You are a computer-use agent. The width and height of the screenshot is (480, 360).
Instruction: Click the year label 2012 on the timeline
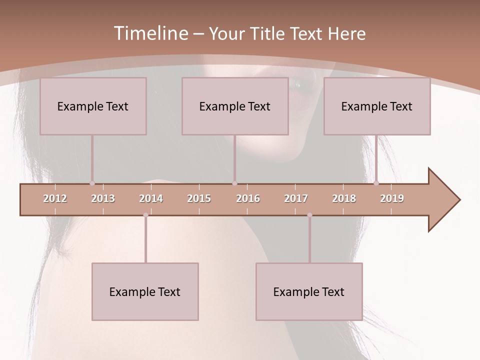coord(55,198)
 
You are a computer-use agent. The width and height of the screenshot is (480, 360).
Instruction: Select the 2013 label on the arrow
coord(103,198)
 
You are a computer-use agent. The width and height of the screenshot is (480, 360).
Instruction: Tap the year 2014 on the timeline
coord(151,198)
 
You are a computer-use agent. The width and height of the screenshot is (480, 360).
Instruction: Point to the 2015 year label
coord(199,198)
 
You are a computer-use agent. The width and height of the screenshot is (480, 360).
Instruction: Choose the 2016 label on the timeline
coord(248,198)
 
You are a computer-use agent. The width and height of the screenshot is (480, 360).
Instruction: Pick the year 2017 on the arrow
coord(296,198)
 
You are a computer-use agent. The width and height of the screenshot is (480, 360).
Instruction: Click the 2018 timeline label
coord(344,198)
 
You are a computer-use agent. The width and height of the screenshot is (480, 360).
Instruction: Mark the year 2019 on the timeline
coord(392,198)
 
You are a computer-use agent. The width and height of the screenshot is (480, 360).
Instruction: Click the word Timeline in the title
coord(150,33)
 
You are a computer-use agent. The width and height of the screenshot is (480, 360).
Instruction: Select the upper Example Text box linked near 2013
coord(93,106)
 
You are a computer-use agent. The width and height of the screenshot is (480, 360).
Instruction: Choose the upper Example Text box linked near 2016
coord(235,106)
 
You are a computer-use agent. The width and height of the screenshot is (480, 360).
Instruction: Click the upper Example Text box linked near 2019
coord(377,106)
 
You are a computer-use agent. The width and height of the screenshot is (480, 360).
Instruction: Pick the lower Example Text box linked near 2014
coord(145,291)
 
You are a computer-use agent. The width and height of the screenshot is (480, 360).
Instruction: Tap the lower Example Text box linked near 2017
coord(309,291)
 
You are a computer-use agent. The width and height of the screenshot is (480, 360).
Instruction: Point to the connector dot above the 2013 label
coord(92,183)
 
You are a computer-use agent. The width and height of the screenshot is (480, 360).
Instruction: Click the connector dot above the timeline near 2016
coord(234,183)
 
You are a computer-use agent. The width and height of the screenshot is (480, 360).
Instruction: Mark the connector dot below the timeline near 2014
coord(145,215)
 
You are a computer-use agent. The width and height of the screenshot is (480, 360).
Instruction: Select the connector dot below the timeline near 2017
coord(309,215)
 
